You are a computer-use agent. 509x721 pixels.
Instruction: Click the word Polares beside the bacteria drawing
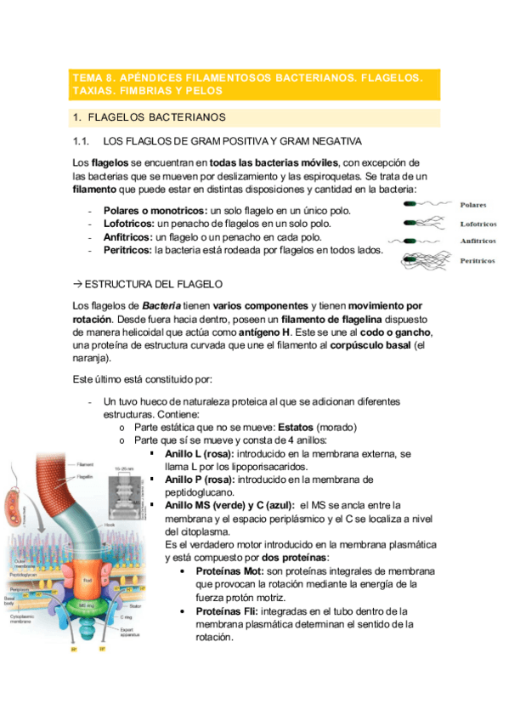coord(472,205)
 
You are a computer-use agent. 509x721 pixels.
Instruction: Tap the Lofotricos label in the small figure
coord(478,224)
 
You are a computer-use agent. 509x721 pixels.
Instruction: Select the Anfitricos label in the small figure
coord(478,241)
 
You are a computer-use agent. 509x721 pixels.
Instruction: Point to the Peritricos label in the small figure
coord(477,261)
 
